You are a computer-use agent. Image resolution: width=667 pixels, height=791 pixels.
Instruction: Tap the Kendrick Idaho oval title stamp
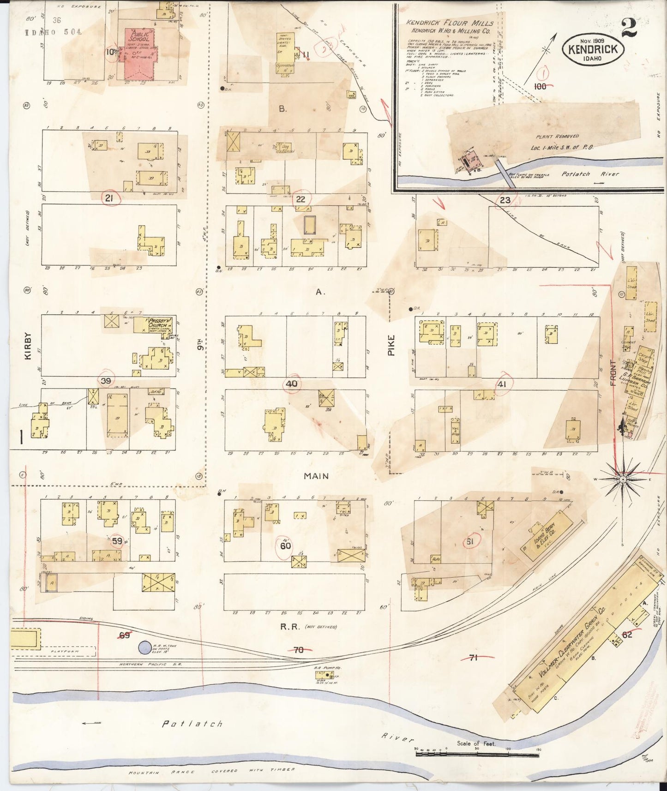(593, 49)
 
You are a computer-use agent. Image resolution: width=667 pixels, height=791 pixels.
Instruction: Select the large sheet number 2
(629, 28)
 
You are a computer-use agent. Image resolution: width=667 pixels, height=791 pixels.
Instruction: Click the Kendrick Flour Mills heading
(450, 23)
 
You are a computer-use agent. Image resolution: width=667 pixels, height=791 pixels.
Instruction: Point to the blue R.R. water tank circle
(144, 647)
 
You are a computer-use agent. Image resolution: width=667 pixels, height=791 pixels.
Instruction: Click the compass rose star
(623, 479)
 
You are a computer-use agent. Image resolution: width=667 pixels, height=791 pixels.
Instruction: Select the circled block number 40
(292, 384)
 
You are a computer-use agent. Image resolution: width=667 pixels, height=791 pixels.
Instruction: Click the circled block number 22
(300, 199)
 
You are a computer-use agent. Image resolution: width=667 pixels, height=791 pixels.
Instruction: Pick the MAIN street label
(316, 476)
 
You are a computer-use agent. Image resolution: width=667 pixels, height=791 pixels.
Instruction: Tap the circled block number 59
(117, 541)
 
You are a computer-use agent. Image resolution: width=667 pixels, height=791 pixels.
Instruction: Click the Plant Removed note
(557, 137)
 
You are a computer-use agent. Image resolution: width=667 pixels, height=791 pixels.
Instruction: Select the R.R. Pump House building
(328, 675)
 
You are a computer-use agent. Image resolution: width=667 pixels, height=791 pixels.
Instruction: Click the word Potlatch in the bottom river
(192, 724)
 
